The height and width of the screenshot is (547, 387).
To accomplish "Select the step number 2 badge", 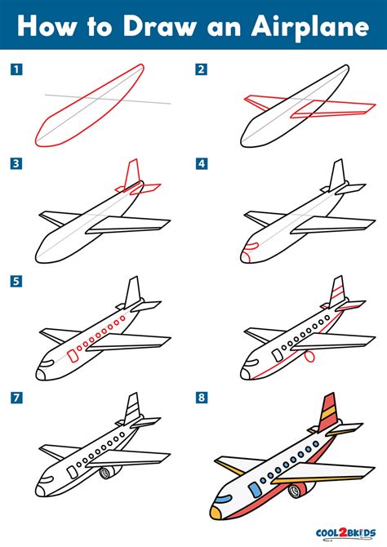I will click(201, 69).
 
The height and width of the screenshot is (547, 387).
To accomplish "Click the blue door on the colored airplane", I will click(255, 489).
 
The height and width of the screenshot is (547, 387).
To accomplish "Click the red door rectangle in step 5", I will click(72, 354).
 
